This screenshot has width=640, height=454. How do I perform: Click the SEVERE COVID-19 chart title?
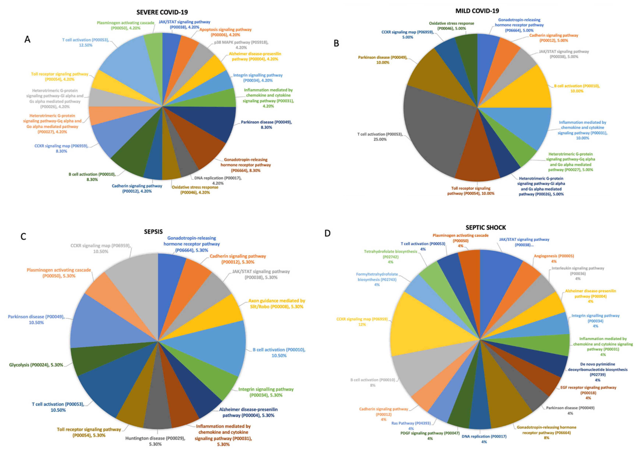[162, 12]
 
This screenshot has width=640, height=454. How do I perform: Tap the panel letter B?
[336, 43]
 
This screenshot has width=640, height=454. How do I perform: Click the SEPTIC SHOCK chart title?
[486, 228]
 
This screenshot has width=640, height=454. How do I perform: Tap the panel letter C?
[23, 237]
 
